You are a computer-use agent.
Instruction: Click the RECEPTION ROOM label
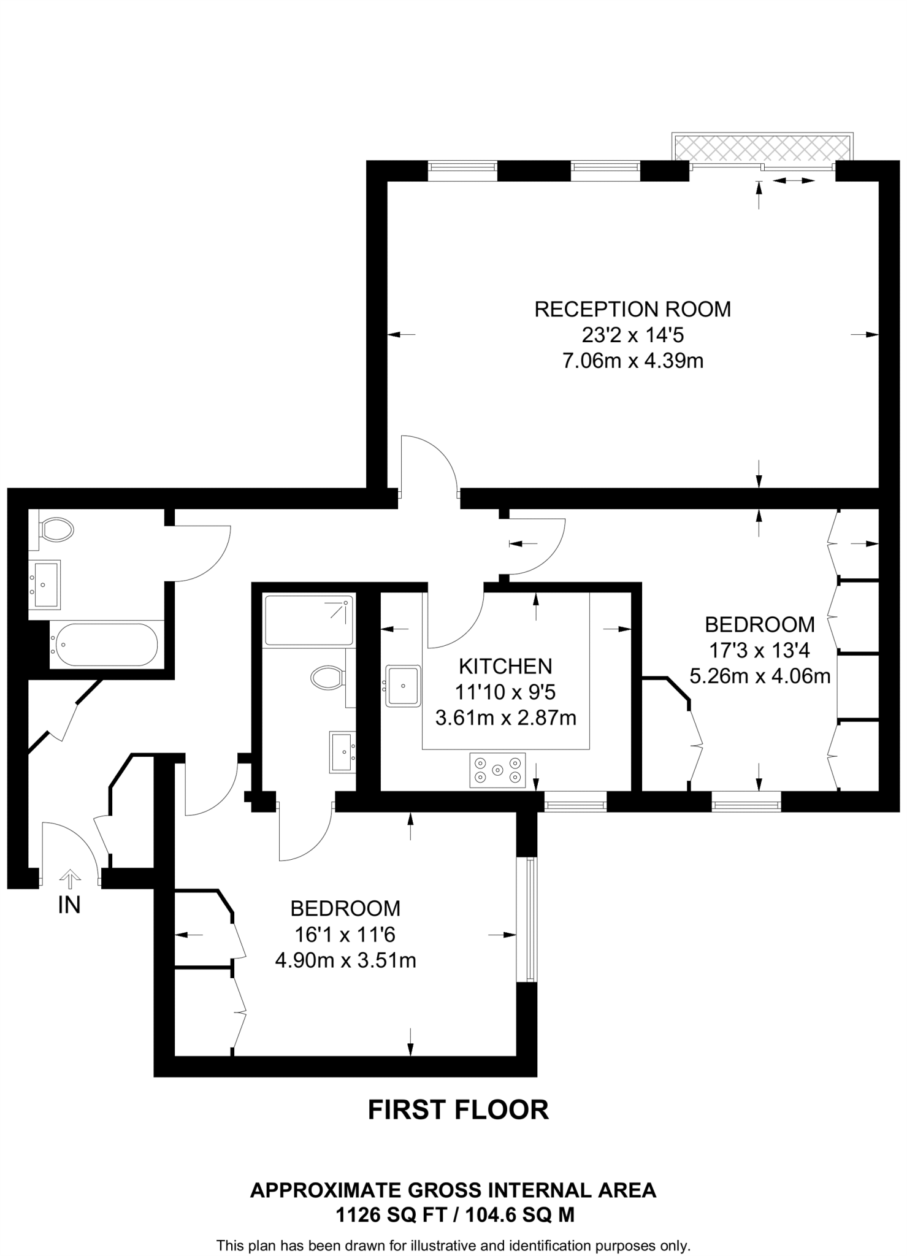tap(632, 309)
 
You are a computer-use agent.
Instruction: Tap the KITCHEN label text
tap(505, 666)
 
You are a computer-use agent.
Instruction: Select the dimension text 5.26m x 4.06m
tap(760, 676)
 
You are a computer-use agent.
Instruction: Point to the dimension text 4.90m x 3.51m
tap(345, 960)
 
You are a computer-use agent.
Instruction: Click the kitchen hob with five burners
tap(497, 770)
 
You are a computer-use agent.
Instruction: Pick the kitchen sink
tap(403, 686)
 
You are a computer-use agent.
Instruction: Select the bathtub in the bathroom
tap(104, 645)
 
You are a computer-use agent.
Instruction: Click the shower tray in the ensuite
tap(308, 619)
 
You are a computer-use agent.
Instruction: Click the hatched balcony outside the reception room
tap(762, 148)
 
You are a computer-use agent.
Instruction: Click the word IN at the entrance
tap(69, 905)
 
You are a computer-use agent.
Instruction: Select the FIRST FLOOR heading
tap(457, 1110)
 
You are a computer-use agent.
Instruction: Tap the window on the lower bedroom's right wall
tap(526, 919)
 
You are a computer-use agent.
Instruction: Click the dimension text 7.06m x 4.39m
tap(632, 361)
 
